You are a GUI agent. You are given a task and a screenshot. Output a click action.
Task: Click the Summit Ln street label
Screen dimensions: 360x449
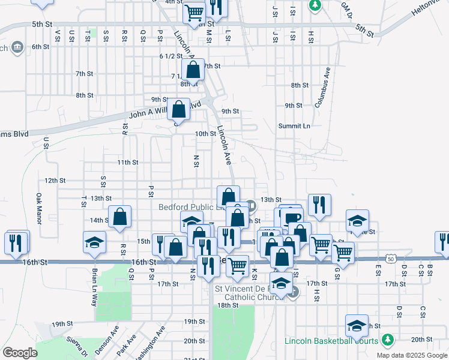[x=294, y=126]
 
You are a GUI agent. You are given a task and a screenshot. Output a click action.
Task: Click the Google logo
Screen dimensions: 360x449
[x=20, y=353]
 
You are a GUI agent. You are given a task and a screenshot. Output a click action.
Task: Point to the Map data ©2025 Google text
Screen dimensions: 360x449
[x=411, y=355]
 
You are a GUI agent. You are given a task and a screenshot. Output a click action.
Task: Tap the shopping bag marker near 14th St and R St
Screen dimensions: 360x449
[x=120, y=217]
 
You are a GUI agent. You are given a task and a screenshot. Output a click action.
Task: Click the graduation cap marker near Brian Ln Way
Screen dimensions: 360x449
[x=94, y=242]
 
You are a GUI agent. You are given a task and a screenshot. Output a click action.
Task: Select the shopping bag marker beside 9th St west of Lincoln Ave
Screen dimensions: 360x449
[x=179, y=109]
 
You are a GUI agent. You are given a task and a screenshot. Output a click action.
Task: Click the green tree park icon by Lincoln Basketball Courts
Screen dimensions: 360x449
[x=387, y=340]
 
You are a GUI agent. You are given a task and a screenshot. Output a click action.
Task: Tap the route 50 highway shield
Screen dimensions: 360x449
[x=391, y=258]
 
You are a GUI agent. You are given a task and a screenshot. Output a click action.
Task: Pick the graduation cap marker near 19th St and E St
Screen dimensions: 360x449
[x=357, y=326]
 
